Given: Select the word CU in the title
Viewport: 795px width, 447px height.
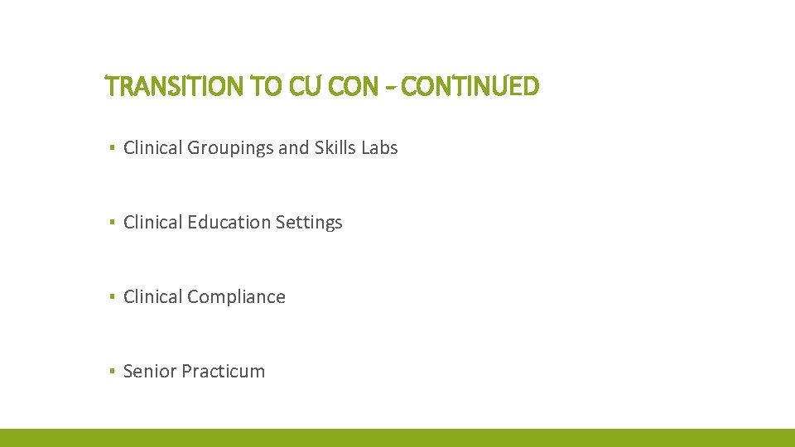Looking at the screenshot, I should coord(304,85).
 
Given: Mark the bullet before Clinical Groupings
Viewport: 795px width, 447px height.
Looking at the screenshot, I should coord(111,149).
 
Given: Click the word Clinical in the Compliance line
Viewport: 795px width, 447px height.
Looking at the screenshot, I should coord(153,297).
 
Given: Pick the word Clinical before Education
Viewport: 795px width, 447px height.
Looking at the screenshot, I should coord(153,223).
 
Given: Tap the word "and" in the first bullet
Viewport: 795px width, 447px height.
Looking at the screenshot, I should coord(294,148).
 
